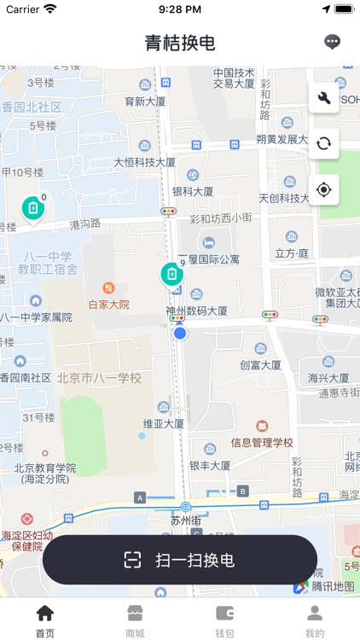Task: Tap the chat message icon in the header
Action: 333,42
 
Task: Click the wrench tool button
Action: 323,98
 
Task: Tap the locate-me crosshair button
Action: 323,189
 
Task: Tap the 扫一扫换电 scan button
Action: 180,560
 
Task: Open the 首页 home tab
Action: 44,620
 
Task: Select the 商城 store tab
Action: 135,620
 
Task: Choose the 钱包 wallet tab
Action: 224,620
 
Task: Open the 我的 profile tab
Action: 315,620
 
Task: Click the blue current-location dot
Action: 180,333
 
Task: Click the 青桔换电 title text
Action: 180,43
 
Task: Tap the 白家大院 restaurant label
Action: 108,304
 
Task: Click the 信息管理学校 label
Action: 262,443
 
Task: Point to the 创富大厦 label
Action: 260,365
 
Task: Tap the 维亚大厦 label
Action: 163,423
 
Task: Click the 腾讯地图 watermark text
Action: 332,586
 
